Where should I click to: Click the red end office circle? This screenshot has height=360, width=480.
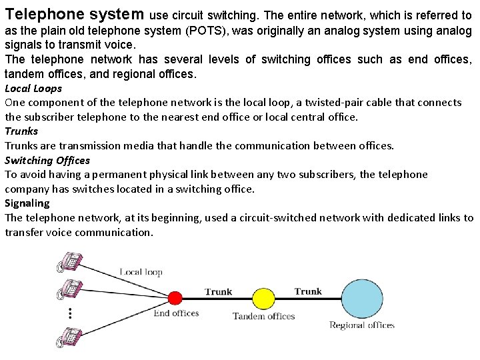(175, 297)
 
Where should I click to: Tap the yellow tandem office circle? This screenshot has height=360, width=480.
(263, 298)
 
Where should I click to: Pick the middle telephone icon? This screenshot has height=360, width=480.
(69, 288)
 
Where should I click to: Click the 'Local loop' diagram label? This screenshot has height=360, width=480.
(141, 272)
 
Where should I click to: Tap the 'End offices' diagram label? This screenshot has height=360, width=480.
(176, 313)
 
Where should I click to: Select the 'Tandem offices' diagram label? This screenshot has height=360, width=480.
(263, 316)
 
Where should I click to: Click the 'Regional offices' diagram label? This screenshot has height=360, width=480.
(362, 325)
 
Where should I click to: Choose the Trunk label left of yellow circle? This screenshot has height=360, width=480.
(218, 291)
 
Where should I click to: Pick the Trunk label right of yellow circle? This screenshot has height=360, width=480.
(308, 291)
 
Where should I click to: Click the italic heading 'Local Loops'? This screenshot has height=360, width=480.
(33, 88)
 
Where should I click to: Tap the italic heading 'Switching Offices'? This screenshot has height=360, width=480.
(47, 160)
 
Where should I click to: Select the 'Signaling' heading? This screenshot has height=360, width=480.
(27, 203)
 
